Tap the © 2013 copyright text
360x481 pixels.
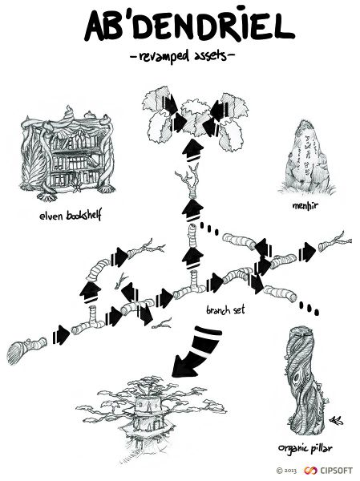pos(285,471)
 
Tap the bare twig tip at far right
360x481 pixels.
pos(341,239)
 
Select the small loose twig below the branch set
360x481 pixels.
pos(163,324)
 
